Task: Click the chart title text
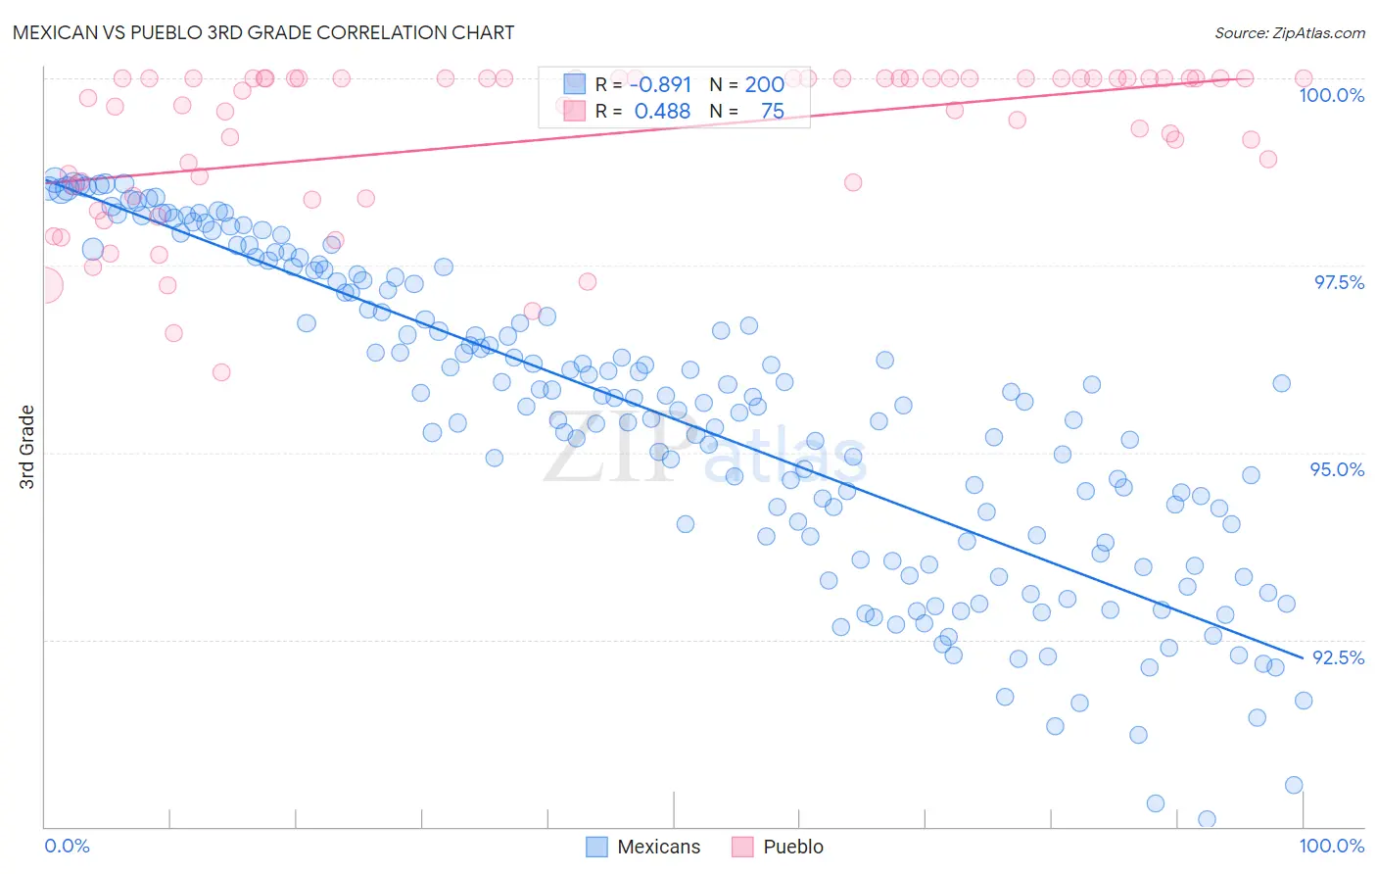pos(263,32)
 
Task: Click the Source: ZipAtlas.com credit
pos(1289,33)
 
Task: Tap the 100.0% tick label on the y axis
pos(1331,95)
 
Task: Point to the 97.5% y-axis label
pos(1338,282)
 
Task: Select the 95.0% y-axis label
pos(1337,469)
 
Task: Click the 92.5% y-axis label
pos(1338,657)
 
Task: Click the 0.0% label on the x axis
pos(68,846)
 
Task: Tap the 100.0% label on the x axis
pos(1331,846)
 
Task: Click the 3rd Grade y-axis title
pos(27,447)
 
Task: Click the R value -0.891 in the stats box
pos(660,84)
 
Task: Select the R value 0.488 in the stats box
pos(662,112)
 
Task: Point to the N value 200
pos(764,84)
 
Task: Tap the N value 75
pos(772,112)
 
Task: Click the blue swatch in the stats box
pos(573,84)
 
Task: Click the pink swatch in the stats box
pos(573,112)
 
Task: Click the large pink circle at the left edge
pos(44,286)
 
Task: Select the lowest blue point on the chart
pos(1207,819)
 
